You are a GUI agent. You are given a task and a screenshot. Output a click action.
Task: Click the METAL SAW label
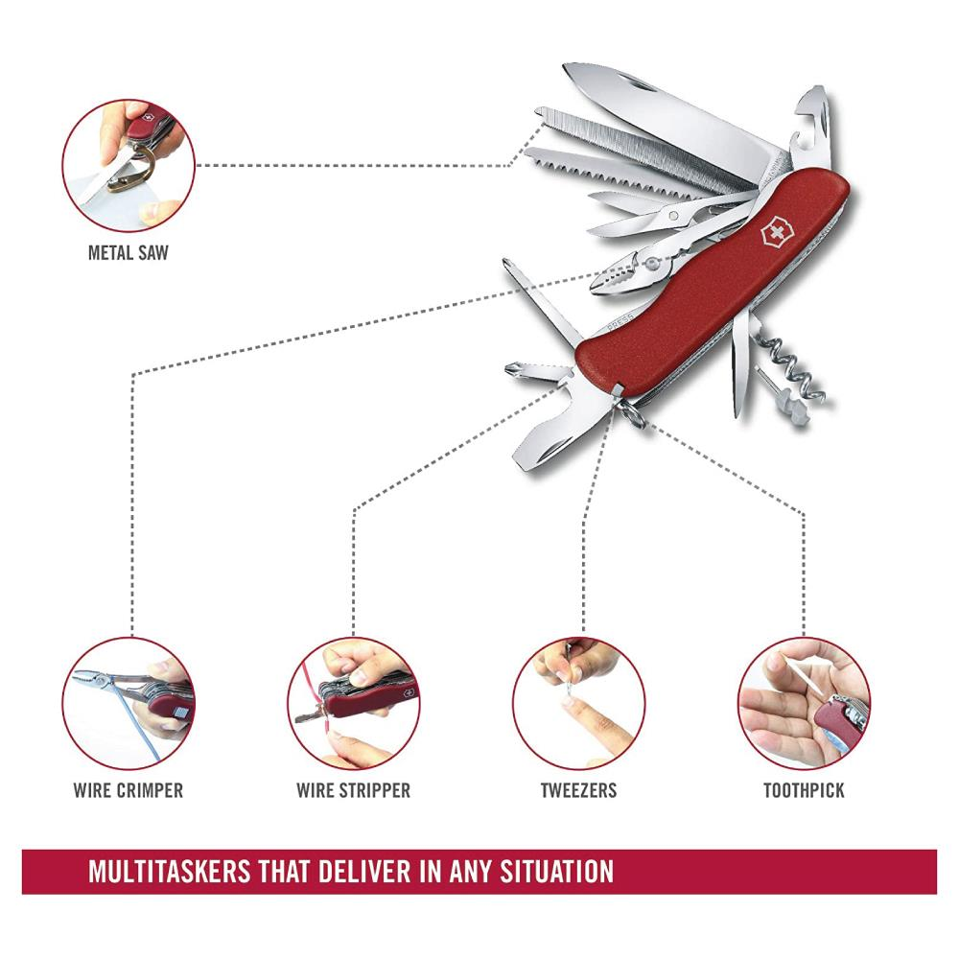[x=128, y=252]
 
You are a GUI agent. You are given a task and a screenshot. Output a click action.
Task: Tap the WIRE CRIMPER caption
[x=128, y=790]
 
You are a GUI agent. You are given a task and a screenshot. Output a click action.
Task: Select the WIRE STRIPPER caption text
[x=354, y=790]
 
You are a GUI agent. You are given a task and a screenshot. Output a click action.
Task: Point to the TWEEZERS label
[x=578, y=790]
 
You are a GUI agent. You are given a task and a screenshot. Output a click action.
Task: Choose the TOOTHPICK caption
[x=804, y=790]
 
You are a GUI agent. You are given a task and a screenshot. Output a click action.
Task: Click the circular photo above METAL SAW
[x=129, y=166]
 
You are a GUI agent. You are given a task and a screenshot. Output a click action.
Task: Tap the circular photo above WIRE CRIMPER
[x=129, y=703]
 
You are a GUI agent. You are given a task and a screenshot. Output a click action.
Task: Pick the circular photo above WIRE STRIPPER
[x=354, y=703]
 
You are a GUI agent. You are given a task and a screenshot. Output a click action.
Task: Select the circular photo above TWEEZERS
[x=578, y=703]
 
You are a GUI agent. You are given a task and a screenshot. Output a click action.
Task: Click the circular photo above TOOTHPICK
[x=804, y=703]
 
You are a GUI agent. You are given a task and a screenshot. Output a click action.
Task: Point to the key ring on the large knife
[x=632, y=411]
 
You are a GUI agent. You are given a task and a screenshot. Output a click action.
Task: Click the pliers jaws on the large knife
[x=617, y=279]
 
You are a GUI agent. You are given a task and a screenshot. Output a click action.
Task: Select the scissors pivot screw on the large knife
[x=673, y=215]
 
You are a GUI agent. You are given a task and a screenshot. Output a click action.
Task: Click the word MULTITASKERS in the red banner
[x=170, y=872]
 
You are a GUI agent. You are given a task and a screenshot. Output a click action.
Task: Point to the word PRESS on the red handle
[x=620, y=325]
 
